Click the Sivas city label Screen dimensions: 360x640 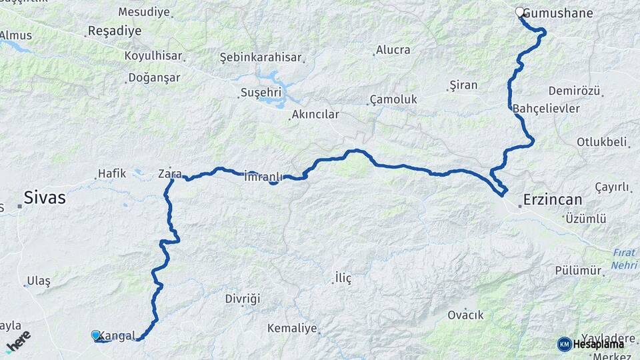(x=45, y=197)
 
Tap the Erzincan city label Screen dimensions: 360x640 (x=553, y=199)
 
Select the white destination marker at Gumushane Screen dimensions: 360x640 (x=520, y=12)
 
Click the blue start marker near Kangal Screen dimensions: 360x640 (x=96, y=335)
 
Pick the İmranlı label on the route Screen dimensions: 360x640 (x=264, y=177)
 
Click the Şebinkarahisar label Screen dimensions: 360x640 (x=261, y=58)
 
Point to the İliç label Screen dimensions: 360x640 (x=343, y=278)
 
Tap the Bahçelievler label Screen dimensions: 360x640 (x=547, y=108)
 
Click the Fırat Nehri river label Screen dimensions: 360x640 (x=625, y=259)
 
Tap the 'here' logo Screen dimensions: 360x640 (x=18, y=341)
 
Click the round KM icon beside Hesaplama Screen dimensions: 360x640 (x=564, y=344)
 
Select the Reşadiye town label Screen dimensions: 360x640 (x=115, y=31)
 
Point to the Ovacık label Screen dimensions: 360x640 (x=465, y=315)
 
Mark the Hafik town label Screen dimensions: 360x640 (x=112, y=173)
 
